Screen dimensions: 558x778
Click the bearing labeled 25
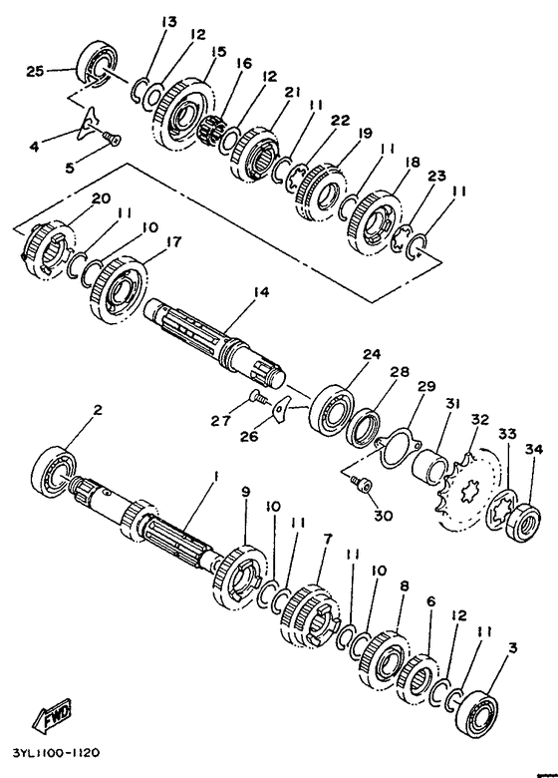(x=97, y=62)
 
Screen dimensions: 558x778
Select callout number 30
(x=383, y=516)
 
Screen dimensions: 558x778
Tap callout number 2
(x=98, y=410)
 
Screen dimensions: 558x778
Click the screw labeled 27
(x=257, y=395)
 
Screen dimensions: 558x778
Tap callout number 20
(x=101, y=197)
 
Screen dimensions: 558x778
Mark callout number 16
(x=243, y=64)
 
